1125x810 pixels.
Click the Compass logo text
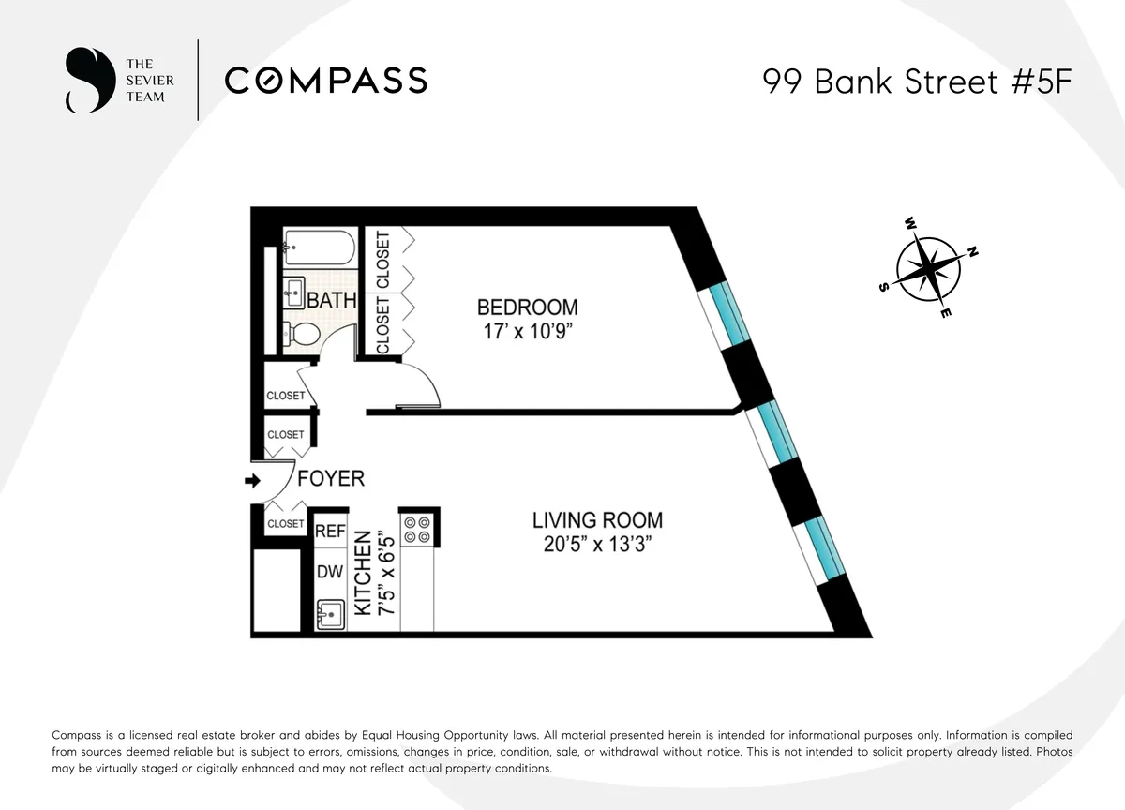[x=325, y=81]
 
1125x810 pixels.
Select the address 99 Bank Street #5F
[x=916, y=82]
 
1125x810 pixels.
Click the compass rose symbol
[x=927, y=269]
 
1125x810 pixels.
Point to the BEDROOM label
[x=527, y=307]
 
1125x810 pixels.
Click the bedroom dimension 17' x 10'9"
[x=527, y=331]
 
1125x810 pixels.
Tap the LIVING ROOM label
[x=597, y=519]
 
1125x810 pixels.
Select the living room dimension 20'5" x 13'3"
[x=597, y=545]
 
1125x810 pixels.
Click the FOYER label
[x=330, y=478]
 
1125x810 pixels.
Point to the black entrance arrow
[x=251, y=481]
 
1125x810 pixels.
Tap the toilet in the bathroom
[x=301, y=333]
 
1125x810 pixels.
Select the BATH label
[x=332, y=300]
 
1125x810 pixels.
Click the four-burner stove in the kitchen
[x=415, y=530]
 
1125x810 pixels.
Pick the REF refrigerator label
[x=330, y=532]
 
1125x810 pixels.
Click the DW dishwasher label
[x=329, y=572]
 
